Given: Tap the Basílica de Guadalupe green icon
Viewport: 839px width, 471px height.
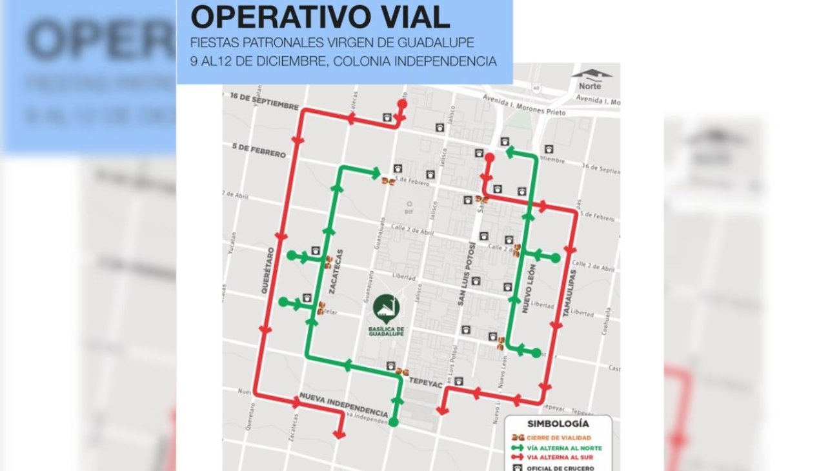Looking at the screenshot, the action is pyautogui.click(x=386, y=308).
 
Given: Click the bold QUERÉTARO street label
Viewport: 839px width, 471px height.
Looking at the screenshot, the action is pyautogui.click(x=268, y=271).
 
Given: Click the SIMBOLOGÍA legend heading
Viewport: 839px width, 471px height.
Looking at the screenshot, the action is pyautogui.click(x=558, y=424).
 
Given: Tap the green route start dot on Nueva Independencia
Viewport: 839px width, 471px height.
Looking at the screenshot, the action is pyautogui.click(x=394, y=423).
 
